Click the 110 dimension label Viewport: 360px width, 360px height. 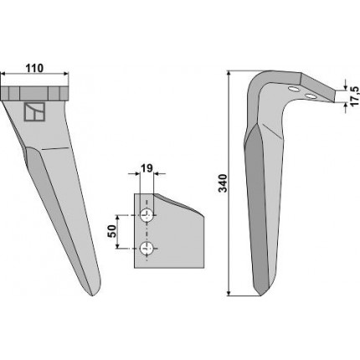click(34, 68)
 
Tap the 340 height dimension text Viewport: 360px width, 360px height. click(223, 183)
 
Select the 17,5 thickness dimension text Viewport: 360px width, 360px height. click(354, 96)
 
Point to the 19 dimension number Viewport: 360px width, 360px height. click(147, 168)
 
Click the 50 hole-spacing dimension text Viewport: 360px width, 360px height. click(112, 231)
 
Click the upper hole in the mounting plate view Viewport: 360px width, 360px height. click(146, 215)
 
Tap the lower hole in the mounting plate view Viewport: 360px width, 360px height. click(146, 248)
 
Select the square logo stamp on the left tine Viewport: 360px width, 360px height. click(34, 112)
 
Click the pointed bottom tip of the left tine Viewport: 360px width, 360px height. click(93, 295)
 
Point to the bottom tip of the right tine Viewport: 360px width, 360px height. click(260, 295)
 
